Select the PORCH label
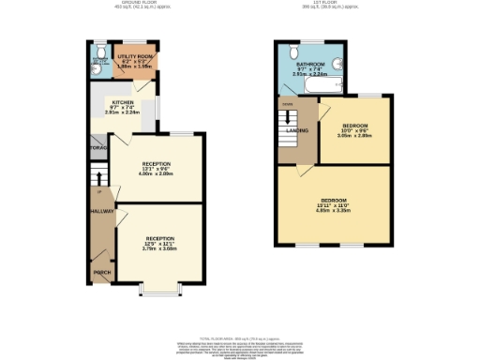tap(101, 273)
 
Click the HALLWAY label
tap(101, 212)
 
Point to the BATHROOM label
tap(311, 64)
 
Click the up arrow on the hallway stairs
tap(97, 177)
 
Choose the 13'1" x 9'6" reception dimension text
tap(157, 170)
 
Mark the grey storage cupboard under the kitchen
tap(97, 148)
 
